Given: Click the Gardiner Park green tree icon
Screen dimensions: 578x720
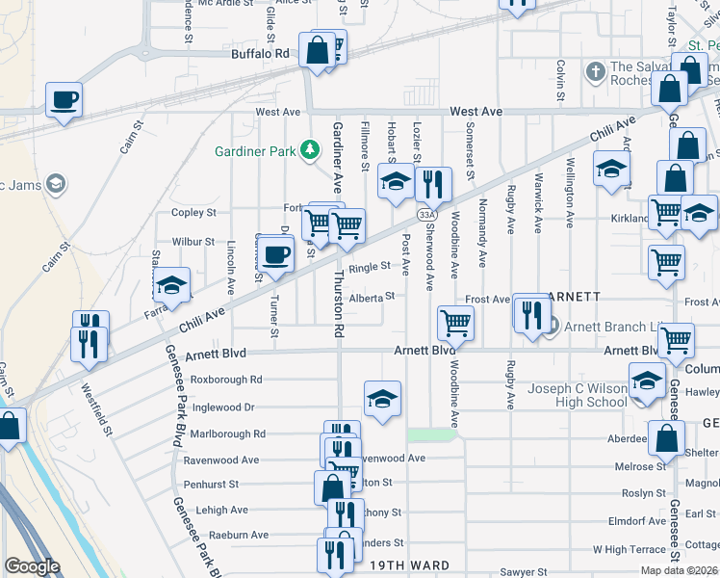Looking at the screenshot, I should pos(309,148).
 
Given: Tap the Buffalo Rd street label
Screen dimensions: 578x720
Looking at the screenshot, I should pos(260,55).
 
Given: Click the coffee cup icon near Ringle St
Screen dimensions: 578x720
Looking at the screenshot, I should pos(276,255).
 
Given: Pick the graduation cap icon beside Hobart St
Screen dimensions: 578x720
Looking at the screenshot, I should pos(395,180).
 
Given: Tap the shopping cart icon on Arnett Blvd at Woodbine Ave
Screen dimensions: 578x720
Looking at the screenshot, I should pos(455,323).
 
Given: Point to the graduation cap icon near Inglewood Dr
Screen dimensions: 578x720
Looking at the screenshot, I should pos(382,398).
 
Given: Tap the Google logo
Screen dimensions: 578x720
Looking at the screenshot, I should pos(33,566).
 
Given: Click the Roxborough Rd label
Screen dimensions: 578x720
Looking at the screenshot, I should pos(227,380).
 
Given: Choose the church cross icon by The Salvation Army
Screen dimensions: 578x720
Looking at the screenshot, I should pos(596,71).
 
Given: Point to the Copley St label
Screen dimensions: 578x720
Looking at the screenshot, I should pos(193,212).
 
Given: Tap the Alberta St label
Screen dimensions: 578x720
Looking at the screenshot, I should pos(373,298).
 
